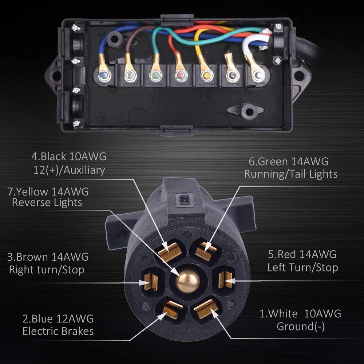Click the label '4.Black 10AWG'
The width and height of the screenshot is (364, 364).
(x=69, y=157)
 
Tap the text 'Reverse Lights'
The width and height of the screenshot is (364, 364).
(x=47, y=203)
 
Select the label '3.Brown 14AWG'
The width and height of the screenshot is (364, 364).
(x=48, y=257)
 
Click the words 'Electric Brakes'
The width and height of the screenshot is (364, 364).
(x=58, y=331)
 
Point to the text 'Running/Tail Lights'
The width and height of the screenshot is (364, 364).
(x=290, y=174)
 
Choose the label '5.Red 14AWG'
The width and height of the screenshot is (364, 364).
(x=302, y=254)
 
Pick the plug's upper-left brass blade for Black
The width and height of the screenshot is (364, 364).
(x=170, y=252)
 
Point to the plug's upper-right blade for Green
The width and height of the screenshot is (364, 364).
(x=205, y=250)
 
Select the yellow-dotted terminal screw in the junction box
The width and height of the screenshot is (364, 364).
(x=206, y=76)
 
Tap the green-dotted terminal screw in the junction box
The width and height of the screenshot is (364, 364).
(x=154, y=76)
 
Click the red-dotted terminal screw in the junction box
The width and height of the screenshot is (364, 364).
(x=180, y=76)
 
